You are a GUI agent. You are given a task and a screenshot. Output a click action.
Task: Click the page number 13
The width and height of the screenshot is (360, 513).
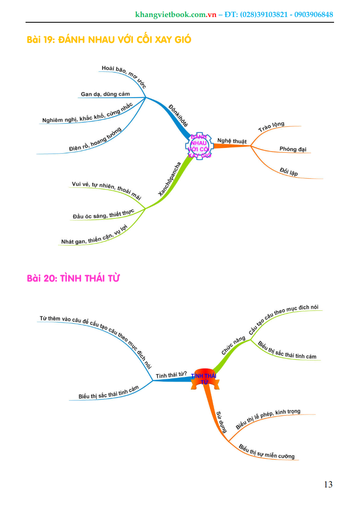coord(328,484)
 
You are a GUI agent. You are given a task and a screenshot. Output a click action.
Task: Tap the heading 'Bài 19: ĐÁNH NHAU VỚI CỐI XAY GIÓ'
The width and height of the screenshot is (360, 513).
coord(109,40)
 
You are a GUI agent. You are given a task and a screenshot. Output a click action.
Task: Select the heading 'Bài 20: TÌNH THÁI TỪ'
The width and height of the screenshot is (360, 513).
coord(73,278)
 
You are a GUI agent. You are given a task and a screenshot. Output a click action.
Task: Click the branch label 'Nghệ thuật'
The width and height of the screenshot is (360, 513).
coord(232,141)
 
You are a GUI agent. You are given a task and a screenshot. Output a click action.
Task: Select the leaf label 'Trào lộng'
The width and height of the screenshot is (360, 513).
coord(271,127)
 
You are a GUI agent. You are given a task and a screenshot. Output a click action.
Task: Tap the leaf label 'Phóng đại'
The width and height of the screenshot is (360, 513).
coord(293,149)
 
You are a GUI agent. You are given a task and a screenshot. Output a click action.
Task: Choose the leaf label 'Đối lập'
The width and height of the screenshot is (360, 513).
coord(289,171)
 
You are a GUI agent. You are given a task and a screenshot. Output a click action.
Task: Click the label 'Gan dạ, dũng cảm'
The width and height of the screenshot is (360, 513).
coord(105,94)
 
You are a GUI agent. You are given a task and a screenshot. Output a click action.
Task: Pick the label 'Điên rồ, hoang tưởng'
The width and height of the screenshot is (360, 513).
coord(96,140)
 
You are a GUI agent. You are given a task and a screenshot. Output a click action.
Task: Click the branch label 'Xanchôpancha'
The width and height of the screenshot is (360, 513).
coord(169,180)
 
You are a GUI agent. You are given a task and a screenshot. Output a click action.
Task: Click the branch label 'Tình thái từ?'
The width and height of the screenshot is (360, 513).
coord(171,375)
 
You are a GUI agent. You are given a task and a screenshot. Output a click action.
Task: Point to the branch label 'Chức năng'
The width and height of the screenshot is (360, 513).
coord(234,345)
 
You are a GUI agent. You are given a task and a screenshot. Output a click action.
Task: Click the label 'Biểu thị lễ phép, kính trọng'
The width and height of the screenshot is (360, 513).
coord(268,419)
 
